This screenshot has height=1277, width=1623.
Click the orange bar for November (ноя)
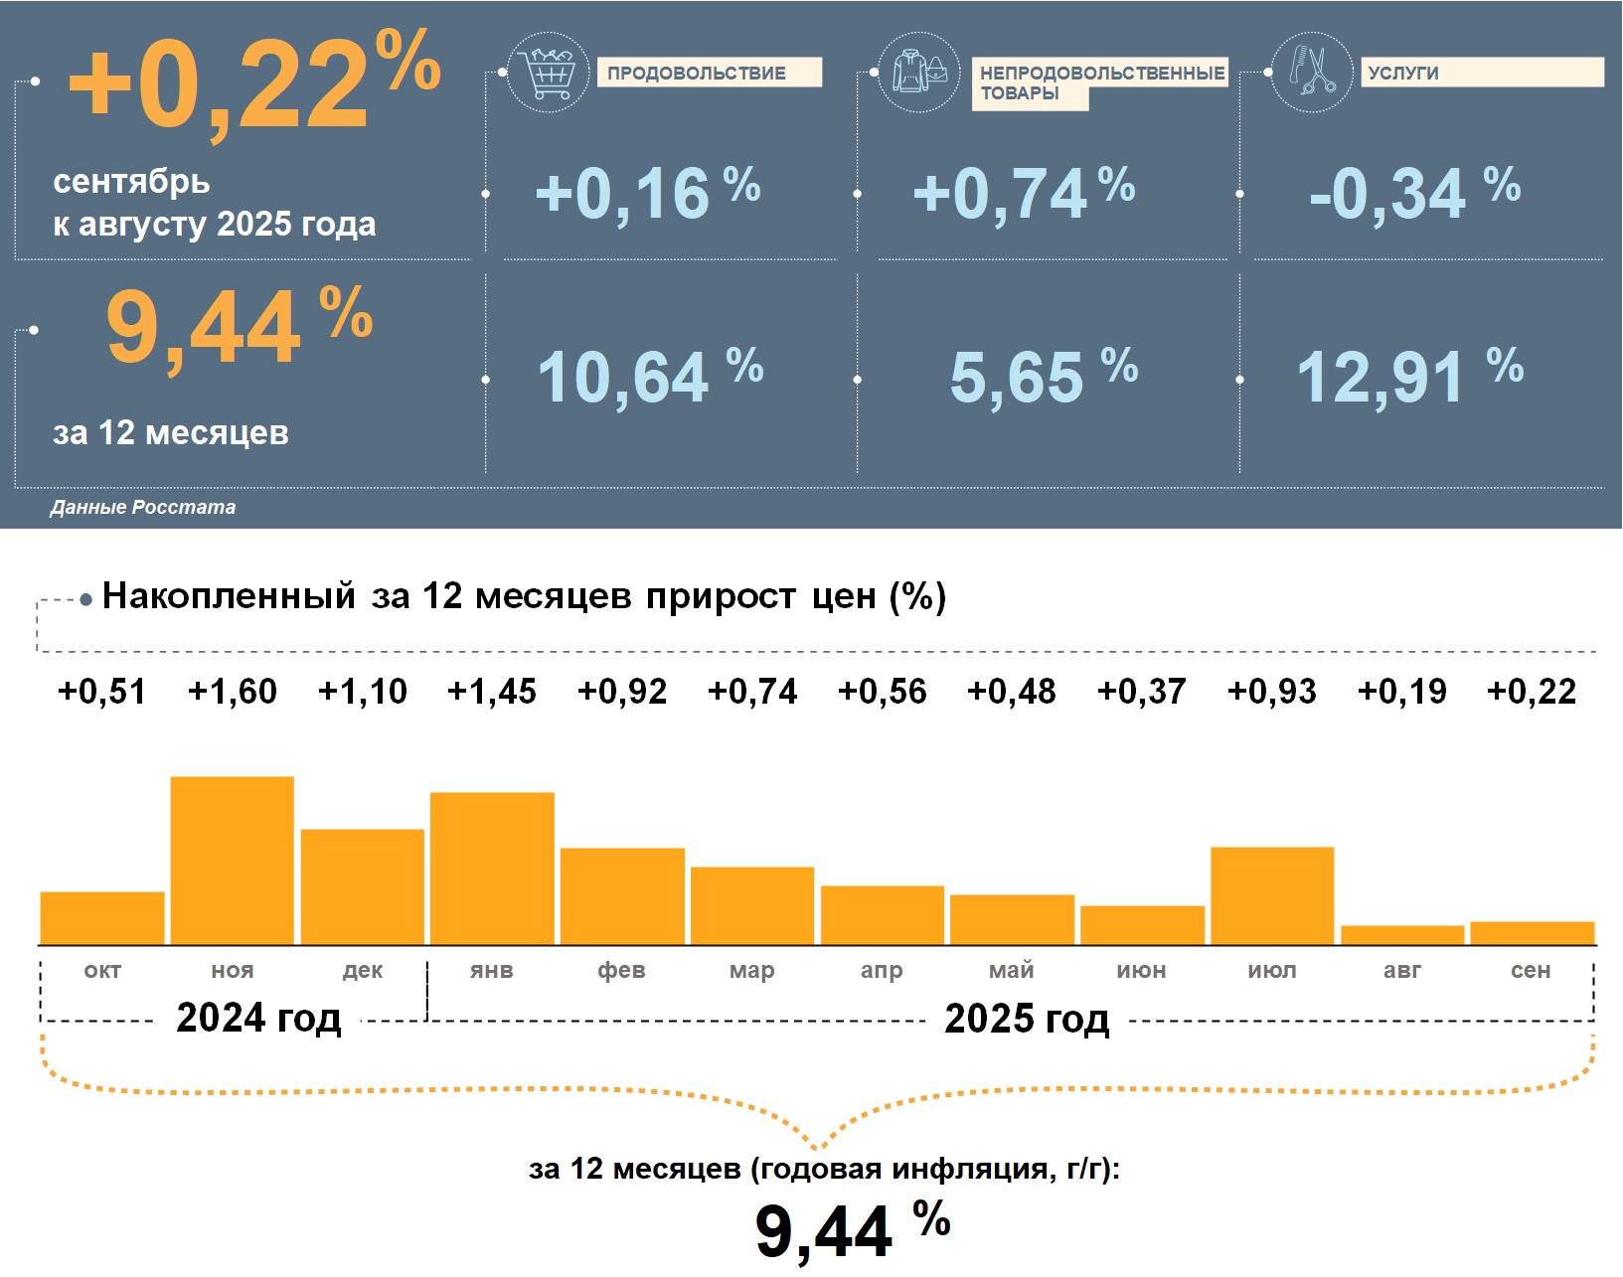(x=232, y=860)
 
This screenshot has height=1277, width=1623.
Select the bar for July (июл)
(x=1272, y=894)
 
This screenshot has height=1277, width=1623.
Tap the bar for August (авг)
(x=1402, y=935)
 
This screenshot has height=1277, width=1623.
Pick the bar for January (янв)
(x=492, y=868)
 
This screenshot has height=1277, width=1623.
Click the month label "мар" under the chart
(x=751, y=971)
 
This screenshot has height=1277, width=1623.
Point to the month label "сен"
(x=1531, y=971)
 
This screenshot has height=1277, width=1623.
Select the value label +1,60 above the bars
(x=233, y=692)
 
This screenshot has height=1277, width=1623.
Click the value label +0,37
(x=1142, y=692)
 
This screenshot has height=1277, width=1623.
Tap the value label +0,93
(x=1272, y=692)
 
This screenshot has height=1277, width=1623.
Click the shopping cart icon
(x=548, y=72)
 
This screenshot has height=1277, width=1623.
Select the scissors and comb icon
(x=1312, y=72)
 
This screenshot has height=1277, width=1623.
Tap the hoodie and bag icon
(x=919, y=72)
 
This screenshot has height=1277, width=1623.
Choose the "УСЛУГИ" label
(x=1403, y=74)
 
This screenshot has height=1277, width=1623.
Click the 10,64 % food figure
(x=649, y=378)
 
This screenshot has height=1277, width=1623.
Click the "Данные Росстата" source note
(x=143, y=508)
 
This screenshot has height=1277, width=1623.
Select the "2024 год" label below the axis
(x=258, y=1019)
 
